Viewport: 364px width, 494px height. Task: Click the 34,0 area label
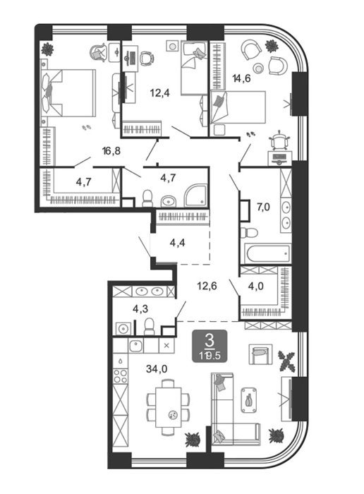(157, 368)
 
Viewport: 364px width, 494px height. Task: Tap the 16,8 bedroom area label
(111, 151)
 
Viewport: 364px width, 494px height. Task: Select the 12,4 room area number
(159, 92)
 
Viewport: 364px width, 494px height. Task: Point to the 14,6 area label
(241, 78)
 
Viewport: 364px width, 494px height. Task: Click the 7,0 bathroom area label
(263, 207)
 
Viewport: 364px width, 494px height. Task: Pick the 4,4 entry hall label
(177, 243)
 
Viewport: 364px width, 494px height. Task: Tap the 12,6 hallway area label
(207, 286)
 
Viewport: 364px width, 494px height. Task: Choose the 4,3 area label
(140, 309)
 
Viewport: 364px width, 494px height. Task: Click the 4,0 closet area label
(256, 286)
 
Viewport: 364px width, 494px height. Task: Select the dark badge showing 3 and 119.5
(210, 346)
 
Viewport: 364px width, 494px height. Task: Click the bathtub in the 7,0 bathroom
(268, 253)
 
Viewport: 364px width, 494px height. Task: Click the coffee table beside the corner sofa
(249, 400)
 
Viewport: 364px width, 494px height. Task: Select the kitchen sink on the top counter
(136, 346)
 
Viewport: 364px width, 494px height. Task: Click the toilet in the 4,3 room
(149, 326)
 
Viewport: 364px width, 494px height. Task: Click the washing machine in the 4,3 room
(123, 329)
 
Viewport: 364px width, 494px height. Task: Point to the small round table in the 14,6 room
(259, 68)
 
